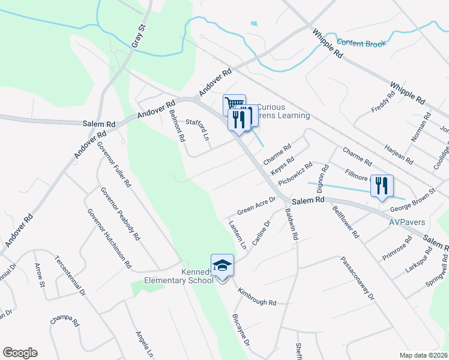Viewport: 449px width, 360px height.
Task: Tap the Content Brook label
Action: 362,43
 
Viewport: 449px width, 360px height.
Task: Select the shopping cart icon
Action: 234,105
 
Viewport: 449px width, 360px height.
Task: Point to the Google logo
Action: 20,353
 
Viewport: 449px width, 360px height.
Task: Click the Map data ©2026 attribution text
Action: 423,355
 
